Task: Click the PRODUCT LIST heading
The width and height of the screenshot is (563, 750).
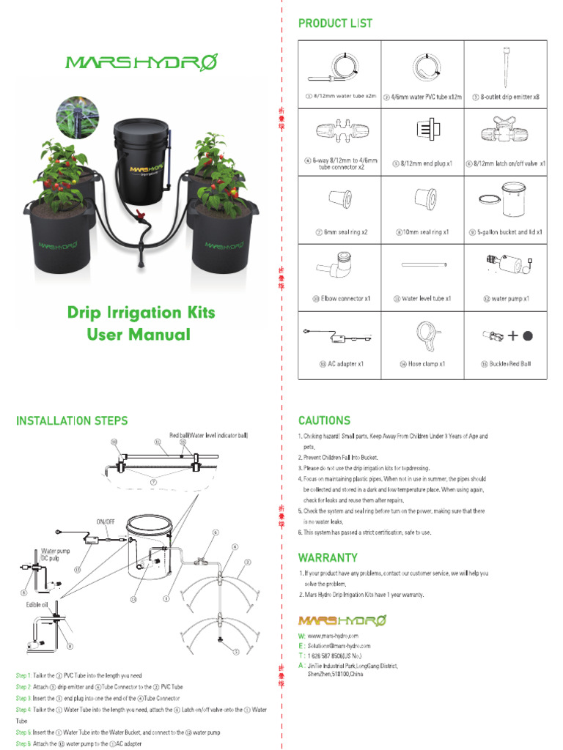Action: click(x=335, y=23)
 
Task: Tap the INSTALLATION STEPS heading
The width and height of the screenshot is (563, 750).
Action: click(x=72, y=420)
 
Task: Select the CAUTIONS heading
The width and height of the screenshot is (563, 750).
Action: click(x=324, y=420)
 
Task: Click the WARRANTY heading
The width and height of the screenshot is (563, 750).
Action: click(x=328, y=557)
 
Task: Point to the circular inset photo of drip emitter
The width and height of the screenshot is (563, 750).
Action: click(x=77, y=119)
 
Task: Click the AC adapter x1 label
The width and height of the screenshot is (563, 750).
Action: click(x=341, y=364)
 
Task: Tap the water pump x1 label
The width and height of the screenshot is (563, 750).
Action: click(x=507, y=299)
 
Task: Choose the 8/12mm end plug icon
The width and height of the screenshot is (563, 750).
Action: click(x=422, y=134)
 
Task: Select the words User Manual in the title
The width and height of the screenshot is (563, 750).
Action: click(x=139, y=335)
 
